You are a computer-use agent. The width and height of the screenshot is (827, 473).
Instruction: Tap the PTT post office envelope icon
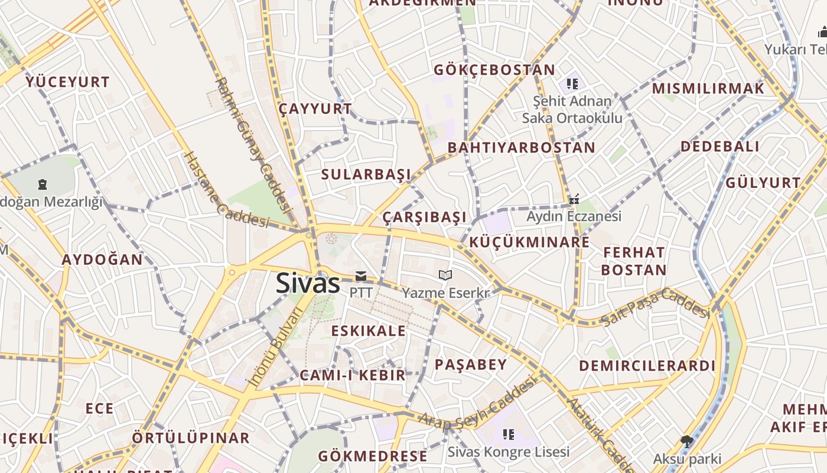pos(360,276)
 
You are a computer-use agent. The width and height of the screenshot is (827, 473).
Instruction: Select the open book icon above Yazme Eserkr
pos(445,275)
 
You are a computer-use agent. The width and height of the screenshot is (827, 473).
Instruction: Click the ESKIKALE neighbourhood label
pos(369,331)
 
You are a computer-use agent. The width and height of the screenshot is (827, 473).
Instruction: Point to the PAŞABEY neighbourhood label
pos(471,364)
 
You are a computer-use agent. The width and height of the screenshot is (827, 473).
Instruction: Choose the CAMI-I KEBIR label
pos(353,375)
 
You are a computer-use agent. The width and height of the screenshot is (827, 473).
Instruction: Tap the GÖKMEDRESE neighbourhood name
pos(372,456)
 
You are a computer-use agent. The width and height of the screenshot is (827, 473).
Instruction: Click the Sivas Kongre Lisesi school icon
pos(509,435)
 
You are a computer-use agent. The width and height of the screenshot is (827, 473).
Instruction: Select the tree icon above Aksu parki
pos(686,440)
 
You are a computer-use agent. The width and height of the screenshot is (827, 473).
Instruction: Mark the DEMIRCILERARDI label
pos(647,365)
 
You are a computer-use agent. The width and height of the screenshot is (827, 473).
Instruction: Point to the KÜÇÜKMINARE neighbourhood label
pos(529,242)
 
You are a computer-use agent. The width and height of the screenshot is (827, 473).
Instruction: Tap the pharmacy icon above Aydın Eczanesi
pos(574,199)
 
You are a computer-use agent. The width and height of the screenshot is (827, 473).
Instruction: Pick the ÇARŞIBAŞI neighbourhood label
pos(424,217)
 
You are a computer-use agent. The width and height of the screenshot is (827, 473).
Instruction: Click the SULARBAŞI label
pos(366,174)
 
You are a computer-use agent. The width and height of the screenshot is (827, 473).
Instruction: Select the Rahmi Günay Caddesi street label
pos(253,145)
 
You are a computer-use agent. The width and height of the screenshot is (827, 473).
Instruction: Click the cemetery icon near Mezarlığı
pos(43,184)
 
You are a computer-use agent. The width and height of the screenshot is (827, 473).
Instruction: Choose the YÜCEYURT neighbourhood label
pos(67,82)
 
